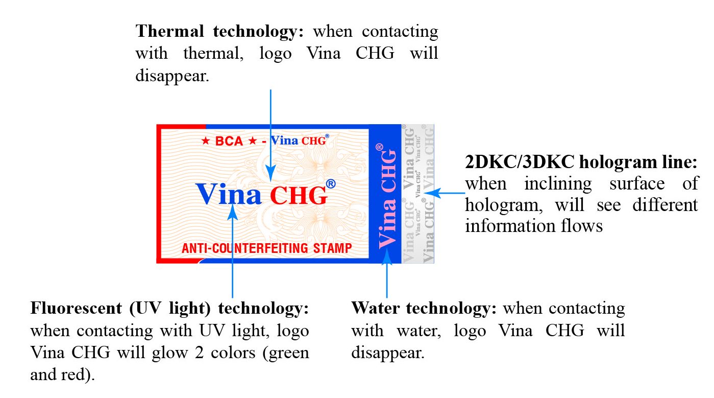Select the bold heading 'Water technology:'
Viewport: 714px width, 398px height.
point(424,308)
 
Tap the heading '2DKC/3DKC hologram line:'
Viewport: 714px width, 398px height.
point(581,162)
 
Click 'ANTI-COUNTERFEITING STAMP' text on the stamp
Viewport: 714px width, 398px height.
point(267,248)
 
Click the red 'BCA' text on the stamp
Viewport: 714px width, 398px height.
point(229,141)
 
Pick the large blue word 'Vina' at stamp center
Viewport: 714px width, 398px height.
point(228,194)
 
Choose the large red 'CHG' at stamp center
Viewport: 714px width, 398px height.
point(299,195)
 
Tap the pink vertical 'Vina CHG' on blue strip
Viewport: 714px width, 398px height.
point(387,196)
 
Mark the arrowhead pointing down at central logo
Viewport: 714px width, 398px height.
point(270,173)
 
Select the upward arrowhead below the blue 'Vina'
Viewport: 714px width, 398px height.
point(233,212)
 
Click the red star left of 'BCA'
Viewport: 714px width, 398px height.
point(206,141)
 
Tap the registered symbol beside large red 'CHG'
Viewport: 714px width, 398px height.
point(331,184)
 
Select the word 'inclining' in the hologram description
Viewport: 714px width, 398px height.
point(558,184)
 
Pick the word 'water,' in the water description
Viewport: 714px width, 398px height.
point(419,331)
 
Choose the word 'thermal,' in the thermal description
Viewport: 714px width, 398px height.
point(213,54)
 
